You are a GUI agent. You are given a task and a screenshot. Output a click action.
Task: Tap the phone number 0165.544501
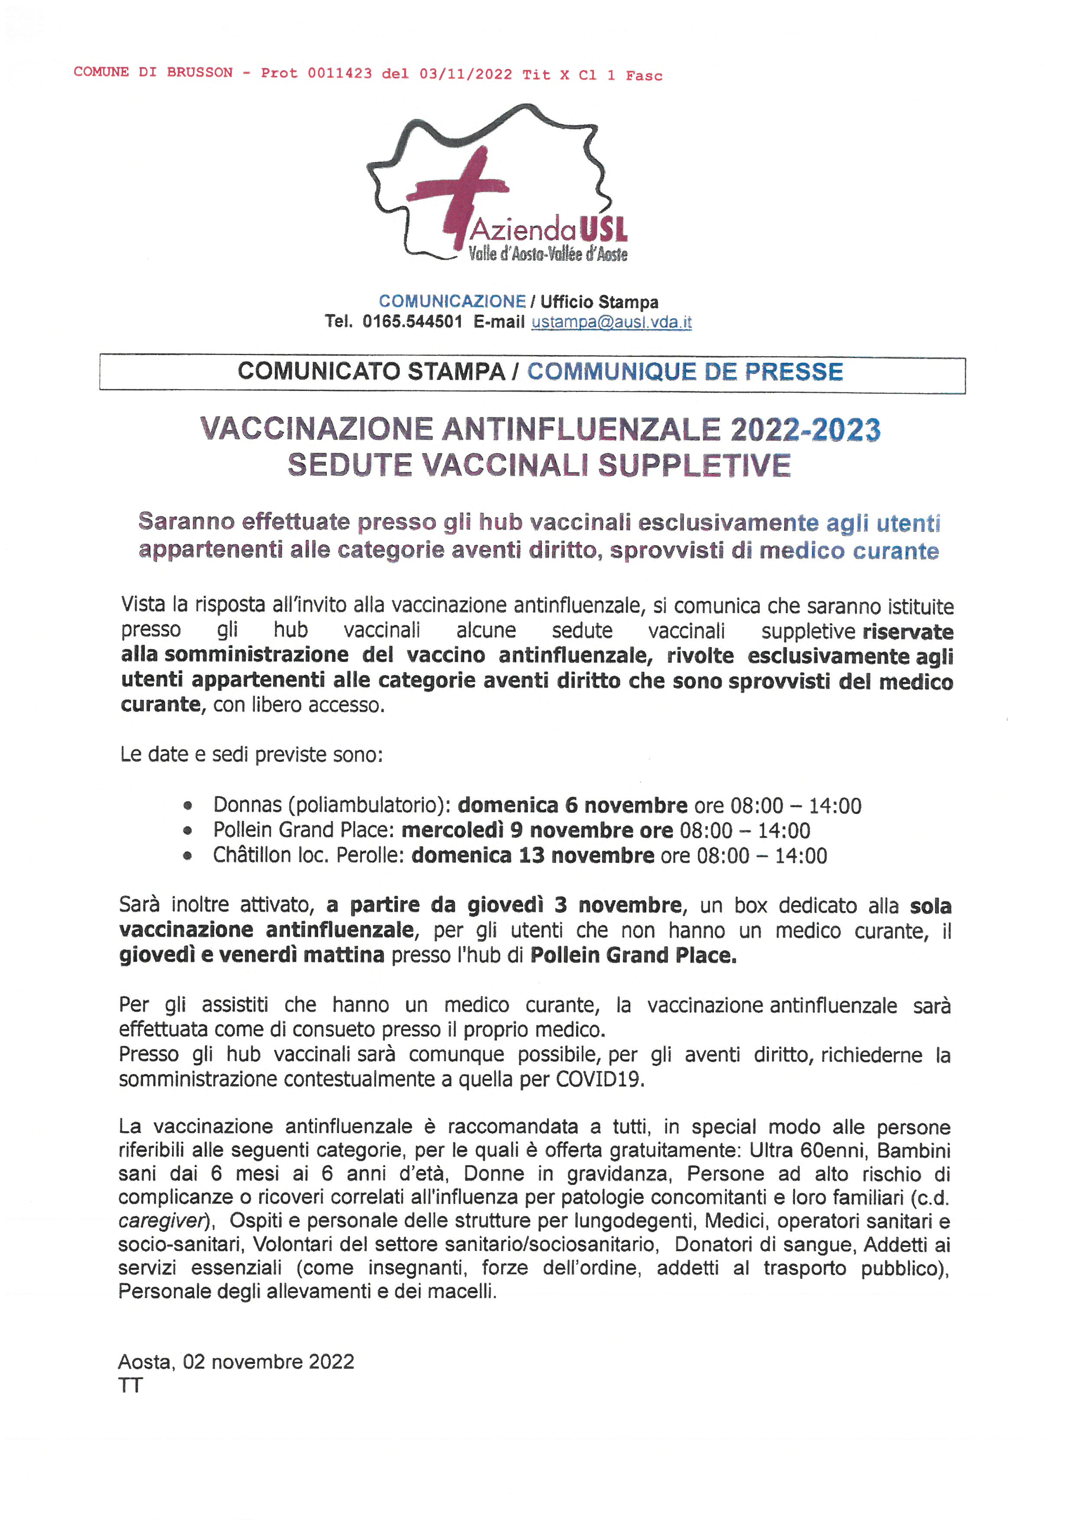[x=412, y=322]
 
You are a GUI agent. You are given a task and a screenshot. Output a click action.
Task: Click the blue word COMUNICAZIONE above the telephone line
[x=452, y=302]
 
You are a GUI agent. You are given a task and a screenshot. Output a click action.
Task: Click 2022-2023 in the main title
[x=805, y=430]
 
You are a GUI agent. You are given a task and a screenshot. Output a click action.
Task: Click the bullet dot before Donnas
[x=188, y=806]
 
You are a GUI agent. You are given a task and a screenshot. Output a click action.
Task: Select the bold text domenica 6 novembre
[x=573, y=806]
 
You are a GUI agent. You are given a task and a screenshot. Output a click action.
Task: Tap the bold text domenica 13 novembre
[x=533, y=855]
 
